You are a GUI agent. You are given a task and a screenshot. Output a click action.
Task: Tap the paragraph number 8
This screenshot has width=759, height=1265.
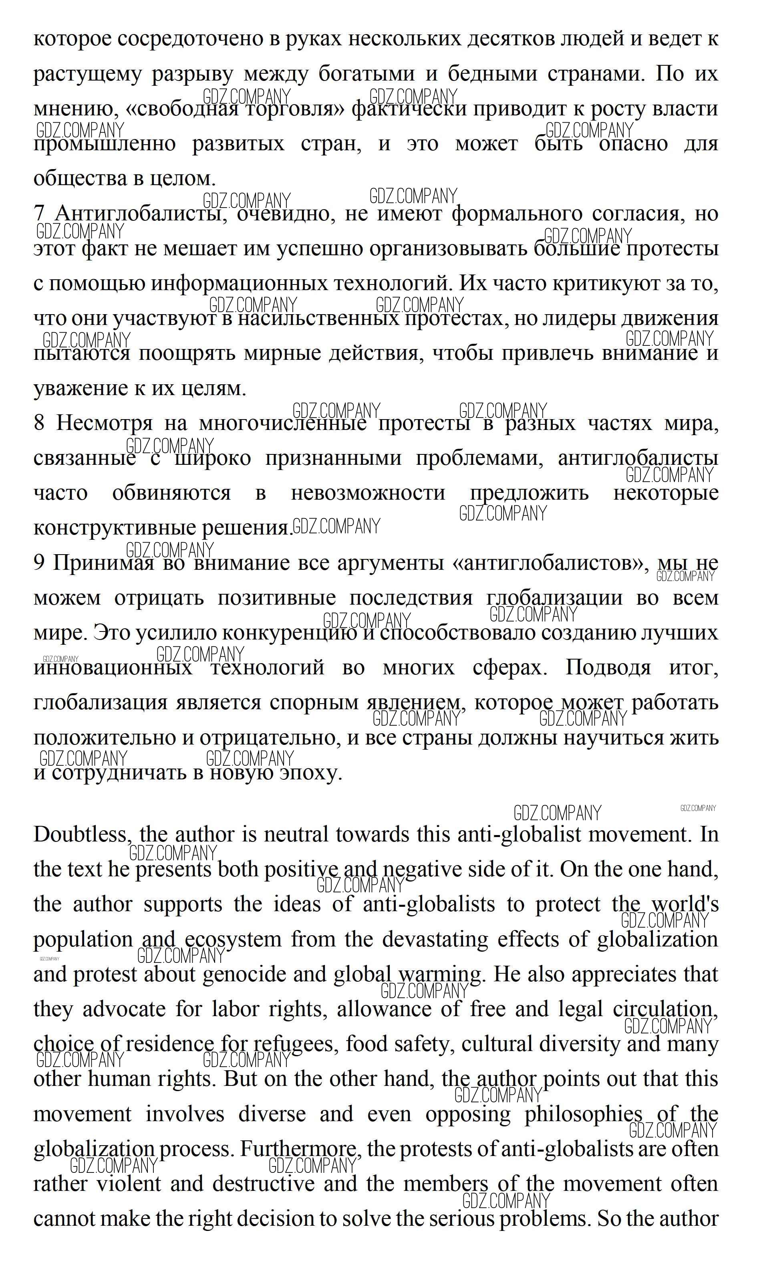point(39,423)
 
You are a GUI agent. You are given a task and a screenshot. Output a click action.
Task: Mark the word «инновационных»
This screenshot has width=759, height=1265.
point(113,668)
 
